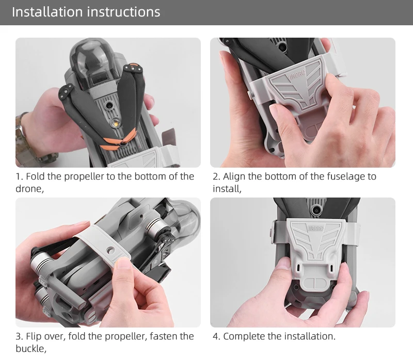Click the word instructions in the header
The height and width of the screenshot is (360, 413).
coord(123,12)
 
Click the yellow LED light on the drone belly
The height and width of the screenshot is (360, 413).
coord(115,122)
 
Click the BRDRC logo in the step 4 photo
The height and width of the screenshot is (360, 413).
coord(315,228)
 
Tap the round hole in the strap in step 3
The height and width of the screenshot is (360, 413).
coord(111,250)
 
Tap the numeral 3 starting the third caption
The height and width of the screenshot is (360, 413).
coord(18,336)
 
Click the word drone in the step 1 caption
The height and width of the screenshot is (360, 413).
coord(28,189)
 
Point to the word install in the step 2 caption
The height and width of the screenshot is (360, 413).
coord(226,189)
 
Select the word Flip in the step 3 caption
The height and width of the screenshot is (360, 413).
coord(34,337)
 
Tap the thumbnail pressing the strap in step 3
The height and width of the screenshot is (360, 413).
coord(123,264)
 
